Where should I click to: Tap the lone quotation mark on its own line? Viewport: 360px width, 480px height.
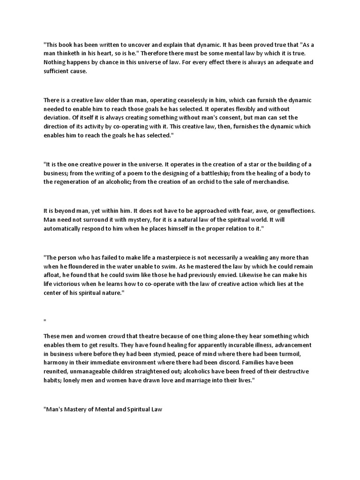coord(45,321)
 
